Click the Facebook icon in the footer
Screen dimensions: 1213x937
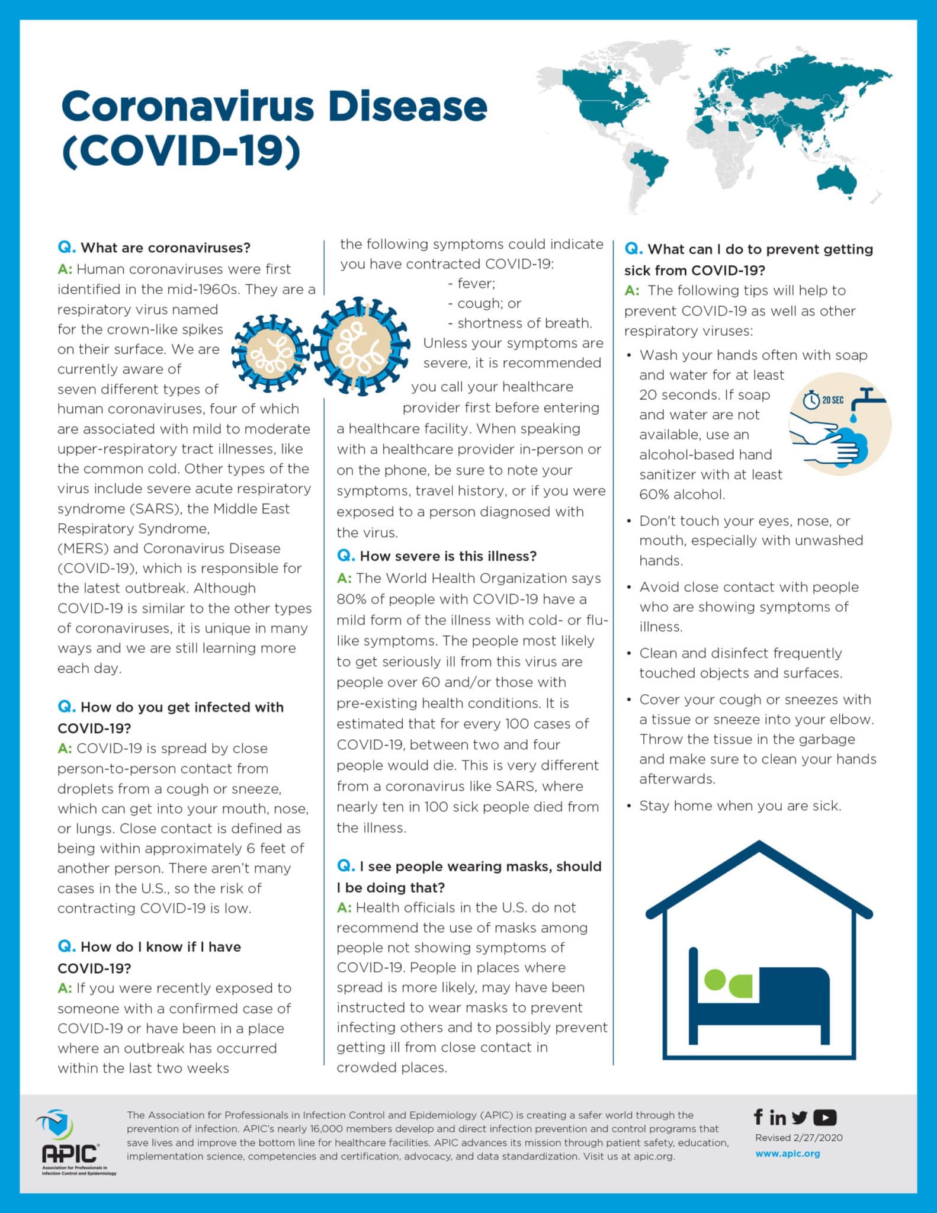point(758,1116)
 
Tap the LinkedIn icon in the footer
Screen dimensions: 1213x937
point(778,1117)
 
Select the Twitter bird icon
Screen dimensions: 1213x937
point(800,1118)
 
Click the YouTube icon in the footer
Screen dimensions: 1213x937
point(824,1118)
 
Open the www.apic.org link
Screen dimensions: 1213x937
point(787,1154)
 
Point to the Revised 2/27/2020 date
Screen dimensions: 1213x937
point(798,1137)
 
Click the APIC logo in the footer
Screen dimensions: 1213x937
point(70,1143)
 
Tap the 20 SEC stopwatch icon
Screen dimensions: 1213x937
point(811,400)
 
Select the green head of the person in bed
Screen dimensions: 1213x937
point(715,980)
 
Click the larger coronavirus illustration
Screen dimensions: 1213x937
point(360,346)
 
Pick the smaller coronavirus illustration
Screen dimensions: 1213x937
point(270,353)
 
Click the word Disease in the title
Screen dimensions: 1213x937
point(407,107)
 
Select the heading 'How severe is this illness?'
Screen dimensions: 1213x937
point(448,556)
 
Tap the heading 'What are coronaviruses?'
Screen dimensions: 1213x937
point(165,248)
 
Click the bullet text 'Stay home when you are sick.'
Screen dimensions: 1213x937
point(740,806)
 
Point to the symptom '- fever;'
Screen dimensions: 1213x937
point(471,283)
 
